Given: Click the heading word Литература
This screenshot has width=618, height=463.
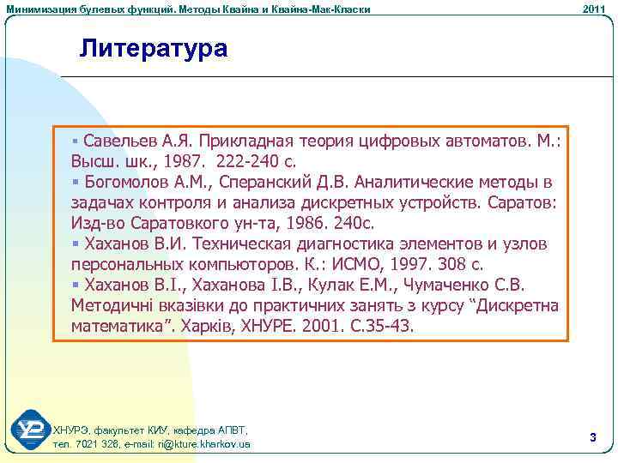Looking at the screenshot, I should click(154, 48).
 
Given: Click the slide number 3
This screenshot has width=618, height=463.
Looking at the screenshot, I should click(593, 437).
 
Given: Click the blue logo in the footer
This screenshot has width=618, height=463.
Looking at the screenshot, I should click(29, 431).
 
